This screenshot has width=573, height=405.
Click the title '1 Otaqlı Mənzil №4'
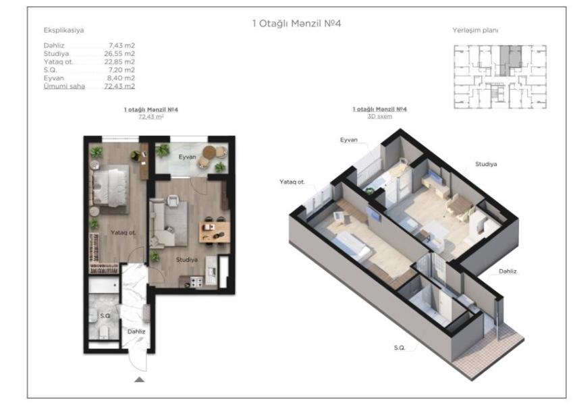pyautogui.click(x=296, y=24)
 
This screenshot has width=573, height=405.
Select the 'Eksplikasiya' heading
pyautogui.click(x=63, y=30)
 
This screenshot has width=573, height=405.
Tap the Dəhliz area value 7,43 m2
pyautogui.click(x=121, y=46)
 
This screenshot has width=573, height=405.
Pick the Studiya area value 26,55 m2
pyautogui.click(x=119, y=54)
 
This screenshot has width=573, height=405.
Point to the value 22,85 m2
pyautogui.click(x=119, y=62)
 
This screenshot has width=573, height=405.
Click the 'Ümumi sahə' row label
pyautogui.click(x=64, y=86)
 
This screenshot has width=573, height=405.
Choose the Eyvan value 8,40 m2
pyautogui.click(x=121, y=78)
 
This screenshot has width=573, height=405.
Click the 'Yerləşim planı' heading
pyautogui.click(x=475, y=30)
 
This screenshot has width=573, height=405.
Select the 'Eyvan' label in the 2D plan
pyautogui.click(x=187, y=157)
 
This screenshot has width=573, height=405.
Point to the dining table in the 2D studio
pyautogui.click(x=214, y=232)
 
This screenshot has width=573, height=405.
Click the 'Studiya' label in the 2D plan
pyautogui.click(x=187, y=259)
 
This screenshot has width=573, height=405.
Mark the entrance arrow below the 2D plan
pyautogui.click(x=139, y=379)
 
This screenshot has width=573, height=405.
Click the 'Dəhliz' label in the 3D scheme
pyautogui.click(x=508, y=271)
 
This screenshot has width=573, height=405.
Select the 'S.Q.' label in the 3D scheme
pyautogui.click(x=400, y=348)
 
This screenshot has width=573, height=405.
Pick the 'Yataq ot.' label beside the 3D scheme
pyautogui.click(x=292, y=182)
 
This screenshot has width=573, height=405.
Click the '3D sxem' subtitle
pyautogui.click(x=380, y=117)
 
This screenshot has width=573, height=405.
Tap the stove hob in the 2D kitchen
pyautogui.click(x=196, y=282)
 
